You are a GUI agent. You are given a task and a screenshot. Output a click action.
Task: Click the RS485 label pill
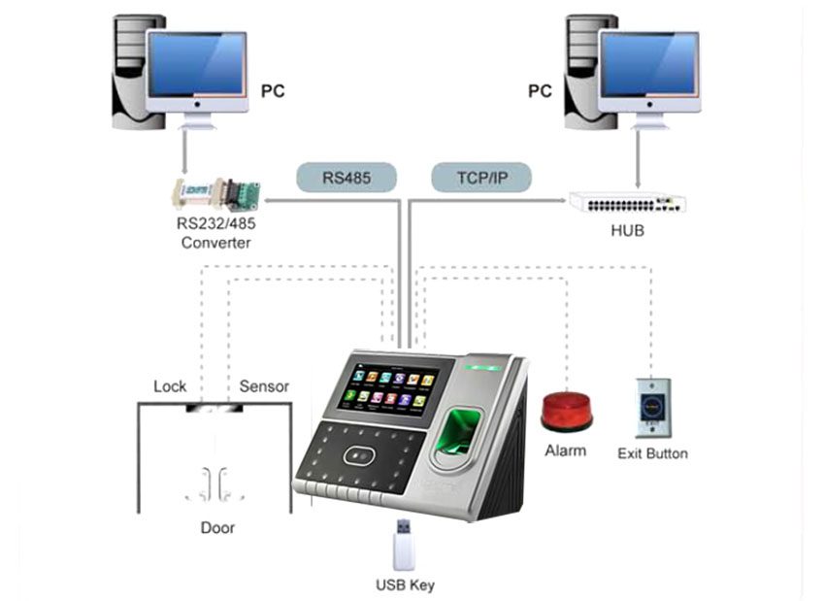[346, 178]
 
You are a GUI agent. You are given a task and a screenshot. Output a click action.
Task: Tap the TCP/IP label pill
[481, 178]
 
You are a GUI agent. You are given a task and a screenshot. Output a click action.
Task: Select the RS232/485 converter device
[216, 195]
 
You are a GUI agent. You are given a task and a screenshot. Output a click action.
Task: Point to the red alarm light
[567, 412]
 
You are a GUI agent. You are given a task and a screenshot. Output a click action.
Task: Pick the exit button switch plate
[653, 408]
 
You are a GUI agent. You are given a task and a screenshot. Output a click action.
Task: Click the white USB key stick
[404, 546]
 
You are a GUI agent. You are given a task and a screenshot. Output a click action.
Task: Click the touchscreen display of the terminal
[388, 390]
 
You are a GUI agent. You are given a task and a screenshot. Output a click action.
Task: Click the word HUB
[627, 230]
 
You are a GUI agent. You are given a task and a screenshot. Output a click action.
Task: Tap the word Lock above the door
[170, 386]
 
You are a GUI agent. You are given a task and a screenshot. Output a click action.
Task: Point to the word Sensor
[264, 386]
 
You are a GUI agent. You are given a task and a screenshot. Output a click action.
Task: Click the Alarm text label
[566, 451]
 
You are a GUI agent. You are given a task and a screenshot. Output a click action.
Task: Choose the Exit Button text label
[652, 453]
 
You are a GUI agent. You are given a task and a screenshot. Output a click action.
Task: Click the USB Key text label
[405, 585]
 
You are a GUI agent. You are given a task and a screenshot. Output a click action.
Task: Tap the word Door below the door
[217, 528]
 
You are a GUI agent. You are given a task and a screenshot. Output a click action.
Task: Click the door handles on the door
[214, 484]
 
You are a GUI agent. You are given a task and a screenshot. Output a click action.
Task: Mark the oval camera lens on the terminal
[359, 455]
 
